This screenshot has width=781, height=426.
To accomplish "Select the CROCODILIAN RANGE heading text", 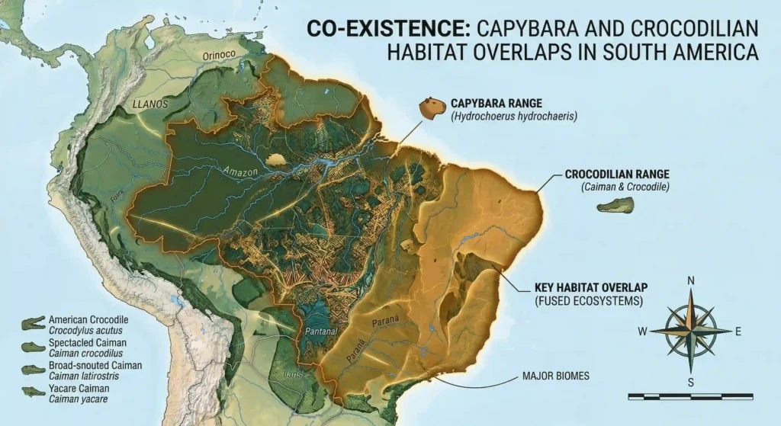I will pos(616,174).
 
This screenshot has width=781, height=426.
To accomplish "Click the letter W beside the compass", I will pos(643,331).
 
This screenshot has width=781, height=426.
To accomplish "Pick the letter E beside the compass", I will pos(738,331).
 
